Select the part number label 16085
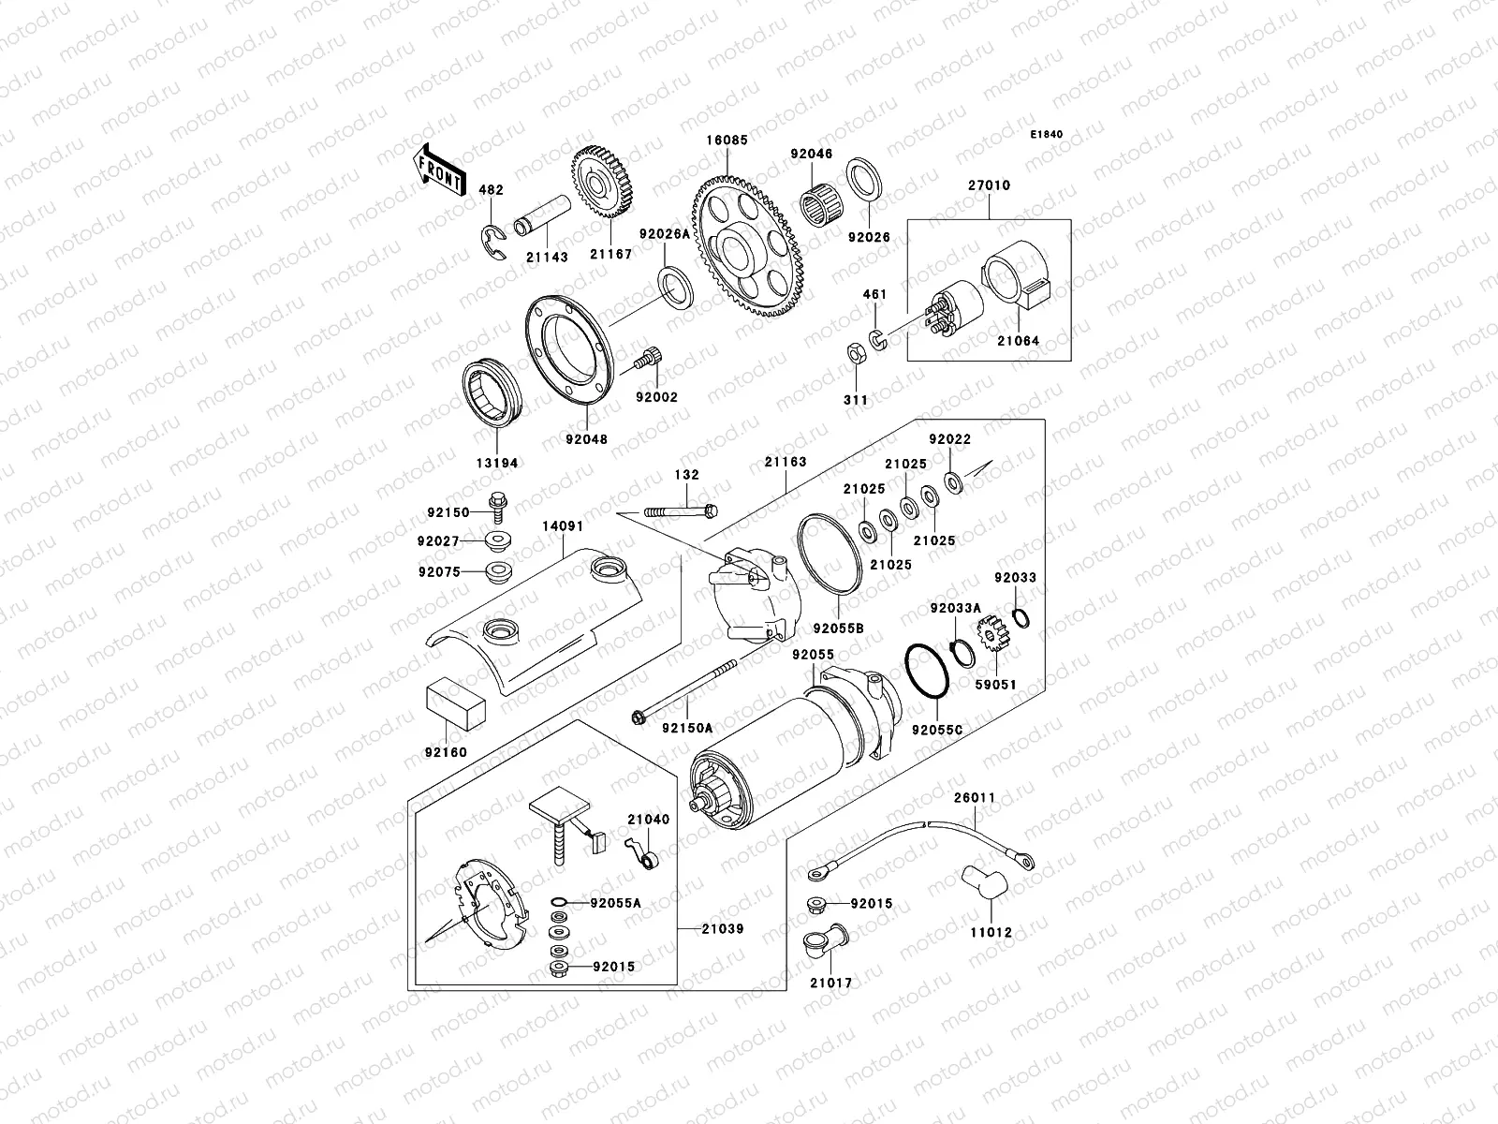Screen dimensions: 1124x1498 727,141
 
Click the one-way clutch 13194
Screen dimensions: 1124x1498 493,393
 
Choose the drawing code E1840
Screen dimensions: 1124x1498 1047,135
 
